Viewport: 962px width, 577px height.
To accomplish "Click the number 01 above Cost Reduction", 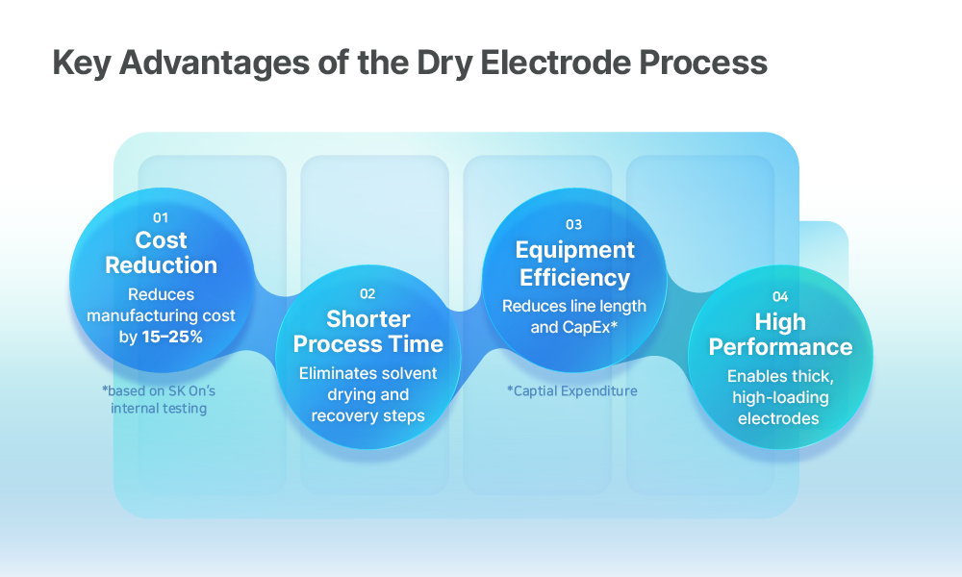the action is pos(161,217).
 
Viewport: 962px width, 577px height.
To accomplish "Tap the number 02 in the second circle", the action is pos(367,293).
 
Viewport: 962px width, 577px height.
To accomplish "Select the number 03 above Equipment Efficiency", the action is pos(573,224).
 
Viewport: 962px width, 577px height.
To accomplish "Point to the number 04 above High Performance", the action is pos(780,297).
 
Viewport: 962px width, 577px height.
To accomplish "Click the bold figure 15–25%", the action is pos(172,337).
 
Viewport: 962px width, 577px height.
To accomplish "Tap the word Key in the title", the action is pos(82,63).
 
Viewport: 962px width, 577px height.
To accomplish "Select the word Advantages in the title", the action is pos(215,63).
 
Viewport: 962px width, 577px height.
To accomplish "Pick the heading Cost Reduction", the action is pos(161,253).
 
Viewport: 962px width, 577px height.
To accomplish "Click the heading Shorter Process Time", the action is pos(368,332).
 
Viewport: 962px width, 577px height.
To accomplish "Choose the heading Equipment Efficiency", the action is pos(575,263).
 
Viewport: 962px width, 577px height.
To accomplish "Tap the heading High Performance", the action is pos(780,335).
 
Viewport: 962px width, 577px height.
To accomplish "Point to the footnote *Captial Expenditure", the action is pos(572,391).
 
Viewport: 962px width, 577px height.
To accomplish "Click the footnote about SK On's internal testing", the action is pos(159,400).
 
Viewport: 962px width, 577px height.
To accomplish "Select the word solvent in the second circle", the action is pos(409,373).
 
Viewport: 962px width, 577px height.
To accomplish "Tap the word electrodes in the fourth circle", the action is pos(778,418).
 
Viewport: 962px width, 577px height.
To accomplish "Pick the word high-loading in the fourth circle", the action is pos(780,398).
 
